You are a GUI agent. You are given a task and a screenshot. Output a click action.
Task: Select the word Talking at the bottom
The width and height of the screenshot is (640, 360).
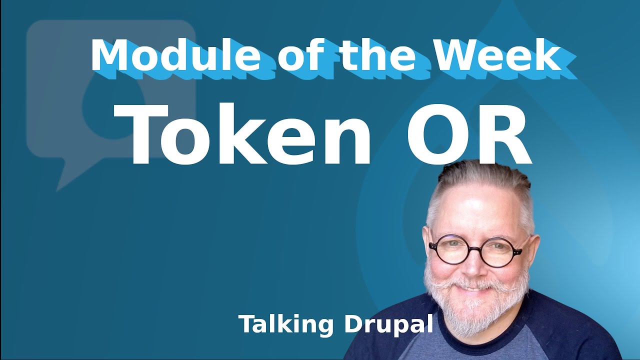pyautogui.click(x=285, y=324)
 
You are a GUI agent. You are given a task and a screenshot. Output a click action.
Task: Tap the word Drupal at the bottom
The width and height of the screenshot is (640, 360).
pyautogui.click(x=388, y=324)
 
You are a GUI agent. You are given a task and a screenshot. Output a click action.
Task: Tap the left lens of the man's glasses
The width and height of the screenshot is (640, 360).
pyautogui.click(x=449, y=249)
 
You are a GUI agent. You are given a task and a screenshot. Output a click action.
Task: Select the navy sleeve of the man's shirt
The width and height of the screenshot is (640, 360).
pyautogui.click(x=590, y=330)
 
